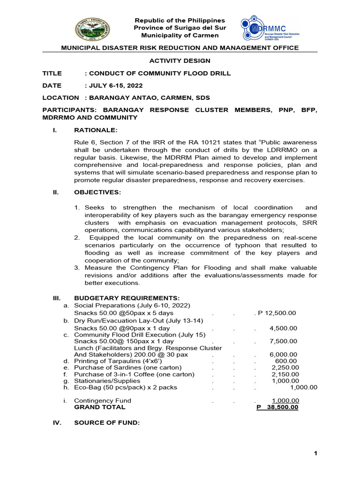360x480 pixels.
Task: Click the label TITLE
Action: pyautogui.click(x=52, y=73)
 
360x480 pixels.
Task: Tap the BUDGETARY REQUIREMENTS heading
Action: pyautogui.click(x=127, y=298)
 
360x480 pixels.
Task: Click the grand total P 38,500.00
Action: pyautogui.click(x=277, y=407)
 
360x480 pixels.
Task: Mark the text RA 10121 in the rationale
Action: pyautogui.click(x=194, y=142)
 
